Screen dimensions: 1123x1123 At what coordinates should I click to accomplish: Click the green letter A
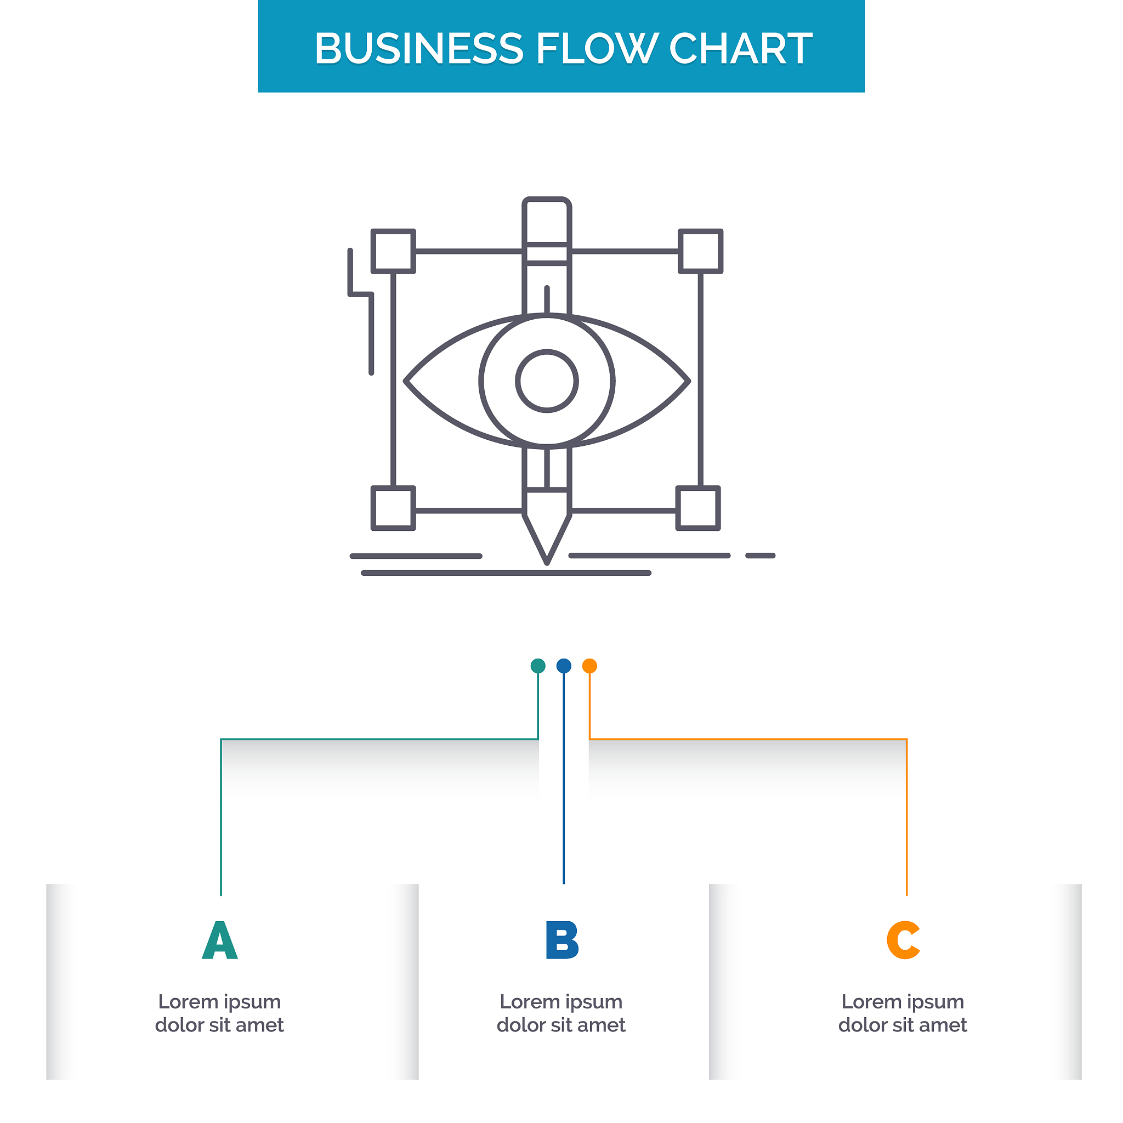click(x=220, y=940)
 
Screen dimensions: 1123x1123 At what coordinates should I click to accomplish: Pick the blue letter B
click(x=562, y=940)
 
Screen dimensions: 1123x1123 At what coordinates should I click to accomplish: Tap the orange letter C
click(x=903, y=940)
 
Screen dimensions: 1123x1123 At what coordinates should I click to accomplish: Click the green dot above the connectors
click(x=538, y=666)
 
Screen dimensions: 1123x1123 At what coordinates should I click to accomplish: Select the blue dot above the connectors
click(x=564, y=666)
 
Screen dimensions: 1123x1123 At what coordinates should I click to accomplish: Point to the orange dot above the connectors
click(x=589, y=666)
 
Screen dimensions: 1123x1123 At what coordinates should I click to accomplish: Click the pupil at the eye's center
click(x=547, y=381)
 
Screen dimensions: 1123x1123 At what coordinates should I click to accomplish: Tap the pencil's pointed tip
click(x=547, y=563)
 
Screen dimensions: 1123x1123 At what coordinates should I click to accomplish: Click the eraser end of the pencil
click(x=547, y=220)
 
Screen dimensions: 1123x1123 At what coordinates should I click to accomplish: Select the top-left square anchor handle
click(x=394, y=251)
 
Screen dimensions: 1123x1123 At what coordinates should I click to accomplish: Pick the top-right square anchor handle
click(x=700, y=251)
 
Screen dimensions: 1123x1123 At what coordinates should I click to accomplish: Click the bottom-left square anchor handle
click(x=394, y=508)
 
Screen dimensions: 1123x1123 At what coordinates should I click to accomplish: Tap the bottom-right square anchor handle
click(x=698, y=508)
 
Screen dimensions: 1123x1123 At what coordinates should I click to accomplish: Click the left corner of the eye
click(x=406, y=381)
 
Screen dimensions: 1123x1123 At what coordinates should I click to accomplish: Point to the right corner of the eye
click(x=689, y=381)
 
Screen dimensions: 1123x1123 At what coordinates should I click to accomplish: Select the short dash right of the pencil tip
click(x=761, y=555)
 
